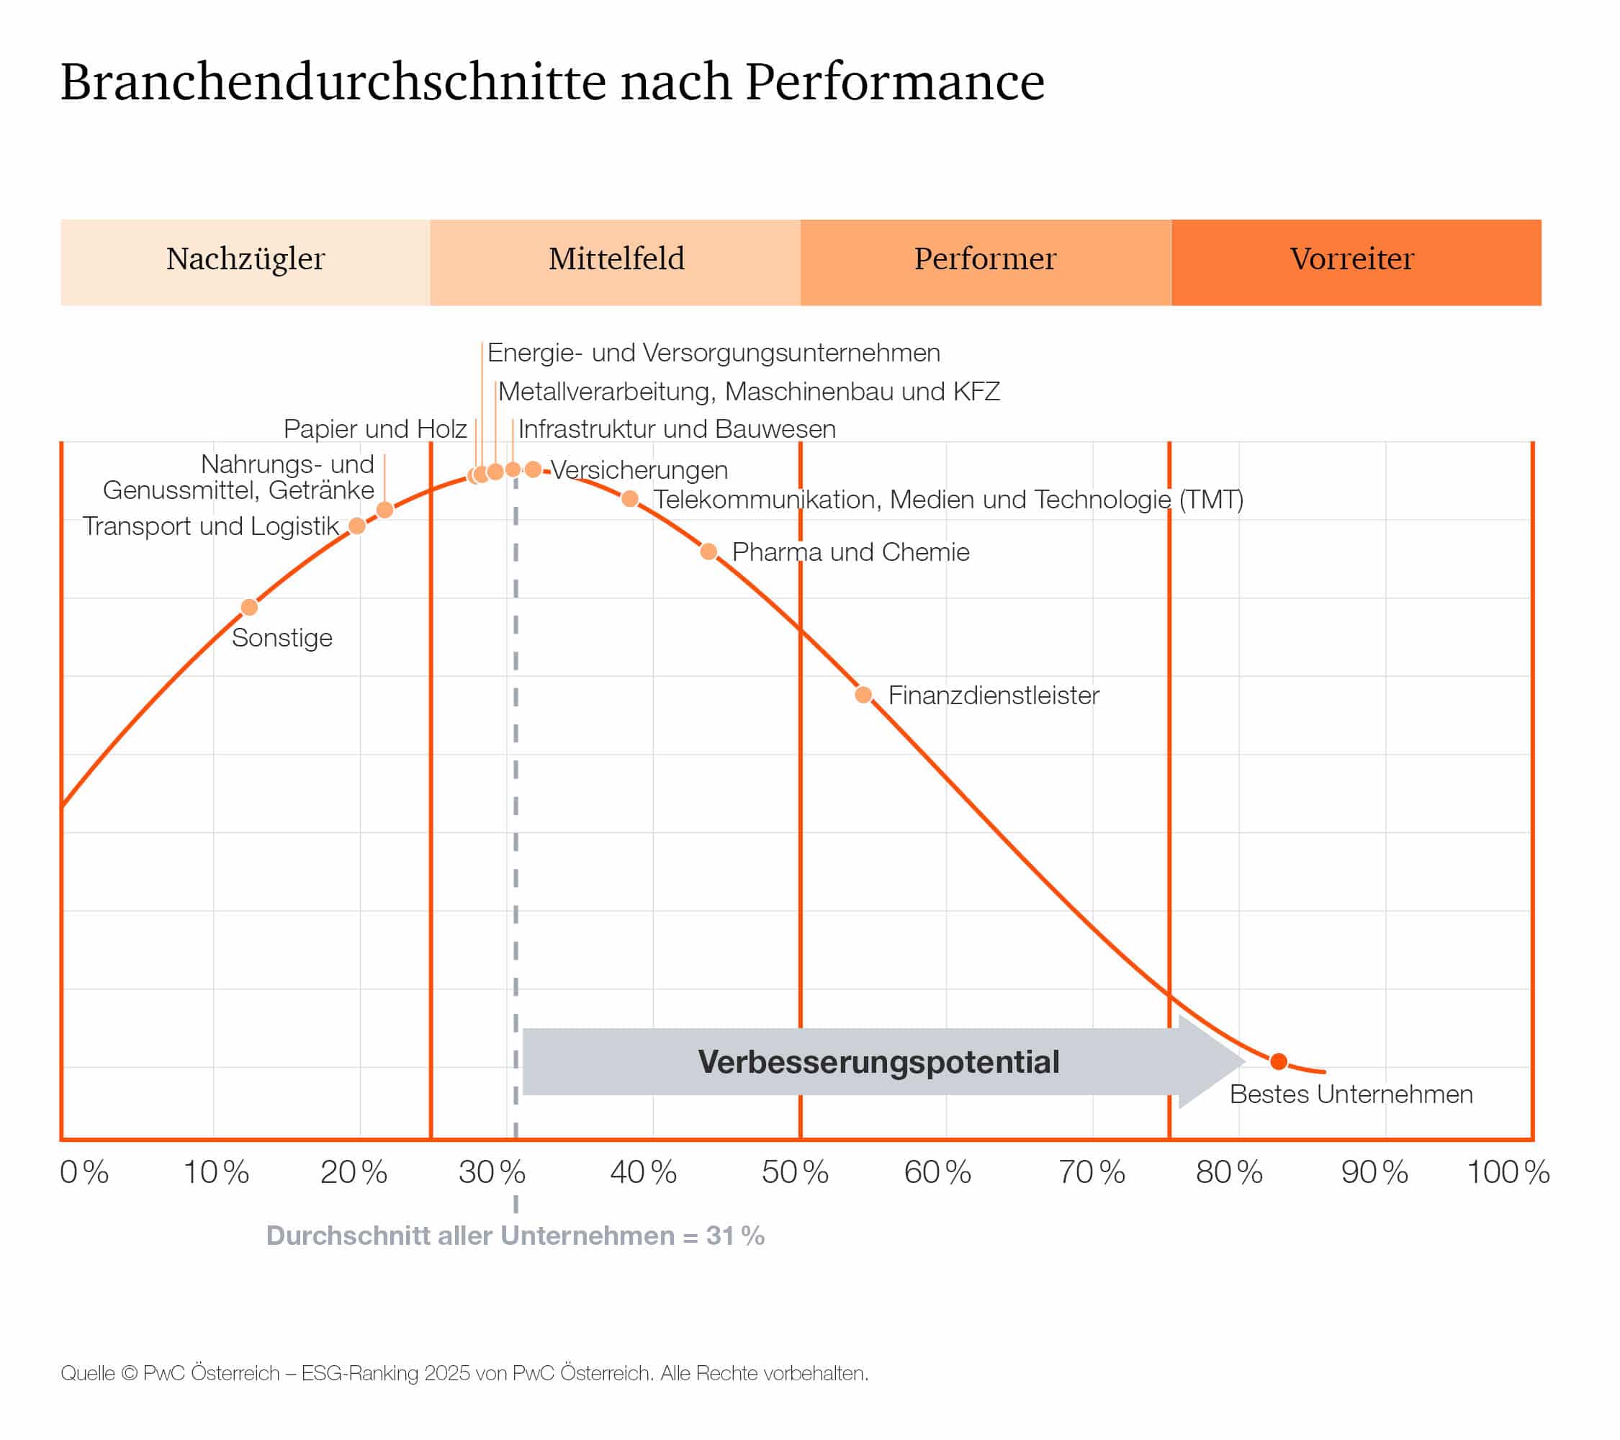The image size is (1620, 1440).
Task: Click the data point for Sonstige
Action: tap(250, 608)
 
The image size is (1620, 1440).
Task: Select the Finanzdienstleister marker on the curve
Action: tap(864, 696)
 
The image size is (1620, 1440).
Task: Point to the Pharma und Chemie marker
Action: tap(709, 552)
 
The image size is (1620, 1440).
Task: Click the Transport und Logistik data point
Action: tap(357, 526)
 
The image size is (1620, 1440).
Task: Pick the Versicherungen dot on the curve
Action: tap(534, 470)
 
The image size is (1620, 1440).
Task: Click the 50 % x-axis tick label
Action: tap(795, 1173)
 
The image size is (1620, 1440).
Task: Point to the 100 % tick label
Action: tap(1508, 1173)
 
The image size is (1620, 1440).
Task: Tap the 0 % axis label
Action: tap(84, 1173)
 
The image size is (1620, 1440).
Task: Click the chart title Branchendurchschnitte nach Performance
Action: tap(552, 81)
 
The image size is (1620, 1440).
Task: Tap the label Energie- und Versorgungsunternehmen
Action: tap(714, 354)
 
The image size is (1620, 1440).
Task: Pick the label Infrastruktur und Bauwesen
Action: tap(677, 430)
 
